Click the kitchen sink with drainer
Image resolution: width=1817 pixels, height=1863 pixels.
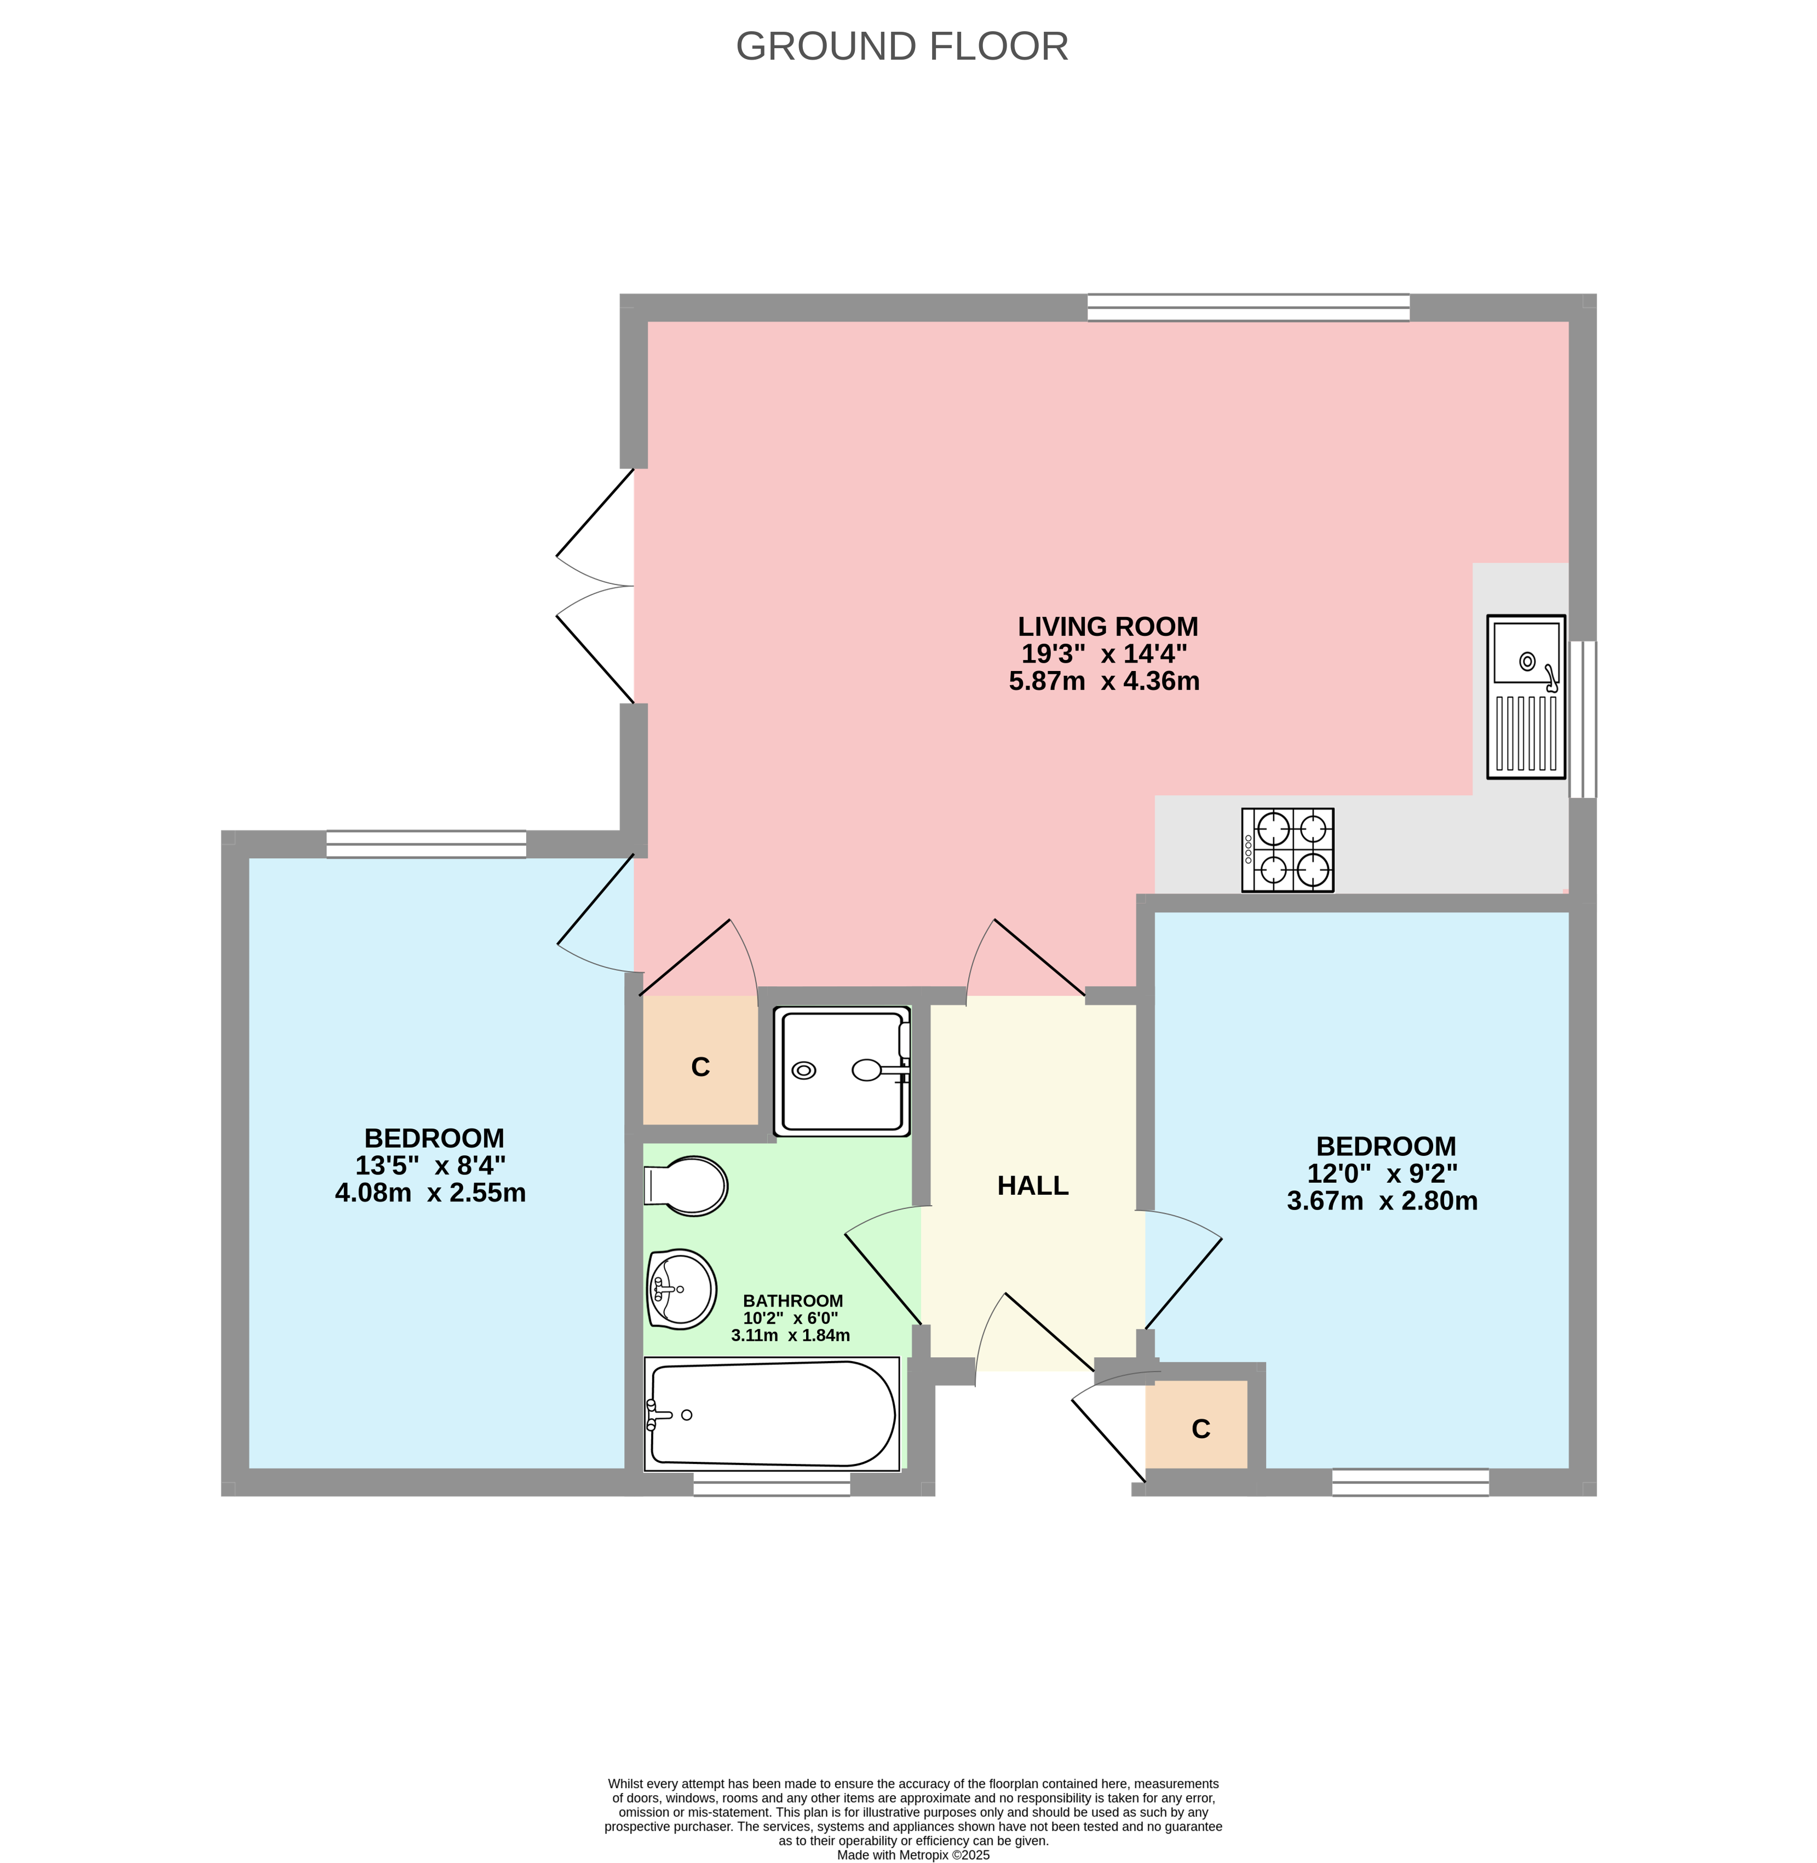1525,696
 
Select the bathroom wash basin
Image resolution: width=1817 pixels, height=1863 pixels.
681,1289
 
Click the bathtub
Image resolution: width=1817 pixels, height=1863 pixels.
771,1414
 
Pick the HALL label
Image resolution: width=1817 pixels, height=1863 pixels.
1033,1185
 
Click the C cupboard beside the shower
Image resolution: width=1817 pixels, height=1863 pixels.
700,1067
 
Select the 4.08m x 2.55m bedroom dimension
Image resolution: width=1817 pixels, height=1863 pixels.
430,1193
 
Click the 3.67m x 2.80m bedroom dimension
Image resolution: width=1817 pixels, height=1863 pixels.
1381,1201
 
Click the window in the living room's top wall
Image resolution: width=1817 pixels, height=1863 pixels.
1247,307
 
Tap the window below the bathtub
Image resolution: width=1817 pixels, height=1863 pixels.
771,1483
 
